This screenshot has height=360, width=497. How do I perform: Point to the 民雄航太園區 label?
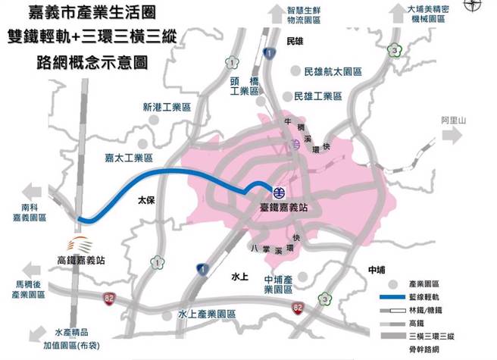333,72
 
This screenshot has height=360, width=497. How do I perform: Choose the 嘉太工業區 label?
129,158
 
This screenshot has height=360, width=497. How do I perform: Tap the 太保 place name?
146,202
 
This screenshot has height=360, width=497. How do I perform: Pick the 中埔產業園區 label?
279,283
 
